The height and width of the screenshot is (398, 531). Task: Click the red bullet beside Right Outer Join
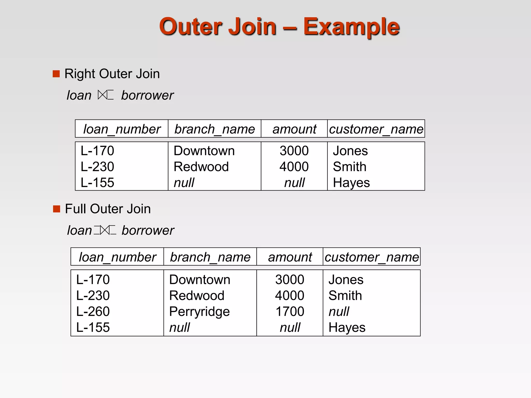56,74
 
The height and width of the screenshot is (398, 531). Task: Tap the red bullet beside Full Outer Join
56,209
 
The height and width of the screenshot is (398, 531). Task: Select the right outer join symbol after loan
106,95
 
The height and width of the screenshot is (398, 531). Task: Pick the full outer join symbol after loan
105,230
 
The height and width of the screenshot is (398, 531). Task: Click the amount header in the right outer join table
294,129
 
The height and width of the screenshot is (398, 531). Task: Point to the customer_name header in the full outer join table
372,257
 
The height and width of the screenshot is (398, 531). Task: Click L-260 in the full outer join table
93,311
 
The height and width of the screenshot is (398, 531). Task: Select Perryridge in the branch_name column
199,312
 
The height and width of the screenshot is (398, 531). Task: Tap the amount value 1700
290,311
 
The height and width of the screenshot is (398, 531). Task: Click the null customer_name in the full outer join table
339,311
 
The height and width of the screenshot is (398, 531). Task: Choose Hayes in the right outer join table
351,183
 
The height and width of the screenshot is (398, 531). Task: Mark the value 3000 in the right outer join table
294,151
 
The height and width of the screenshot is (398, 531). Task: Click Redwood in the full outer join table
197,295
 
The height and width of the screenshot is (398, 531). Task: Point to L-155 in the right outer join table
97,182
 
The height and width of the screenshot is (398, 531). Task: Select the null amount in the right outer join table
294,183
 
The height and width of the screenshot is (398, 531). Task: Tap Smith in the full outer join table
345,295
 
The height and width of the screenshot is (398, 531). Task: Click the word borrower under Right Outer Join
147,95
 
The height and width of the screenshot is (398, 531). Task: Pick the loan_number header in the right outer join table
122,129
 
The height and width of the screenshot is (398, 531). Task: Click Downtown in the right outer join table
204,151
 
